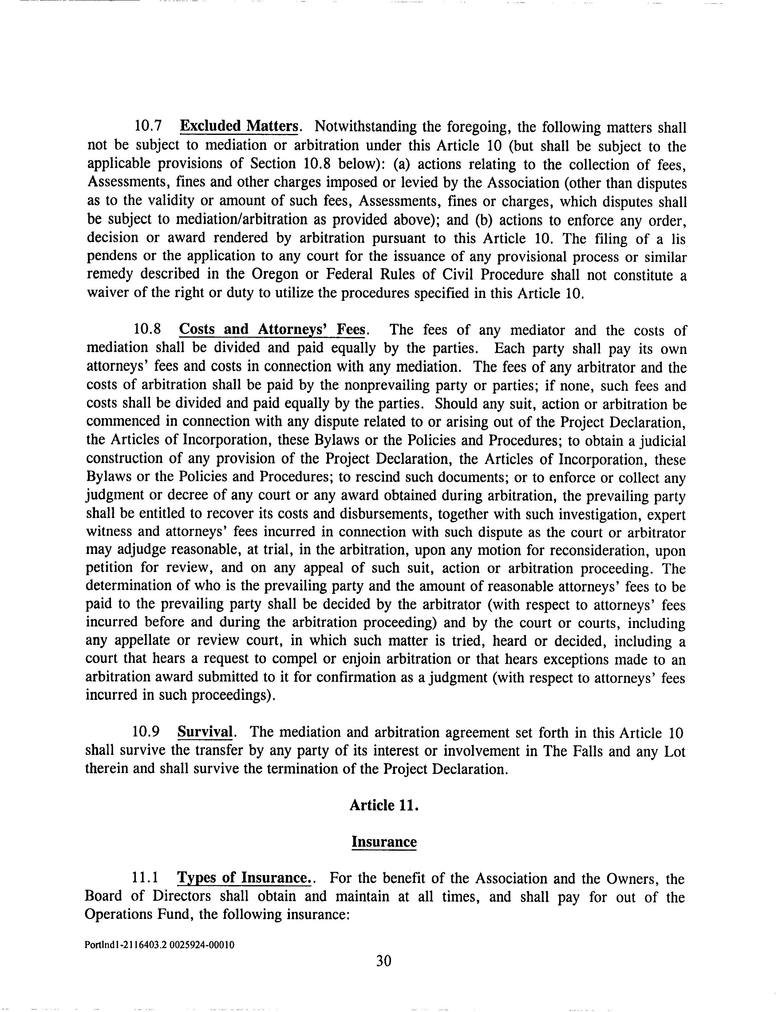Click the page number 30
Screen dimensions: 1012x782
pos(383,961)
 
